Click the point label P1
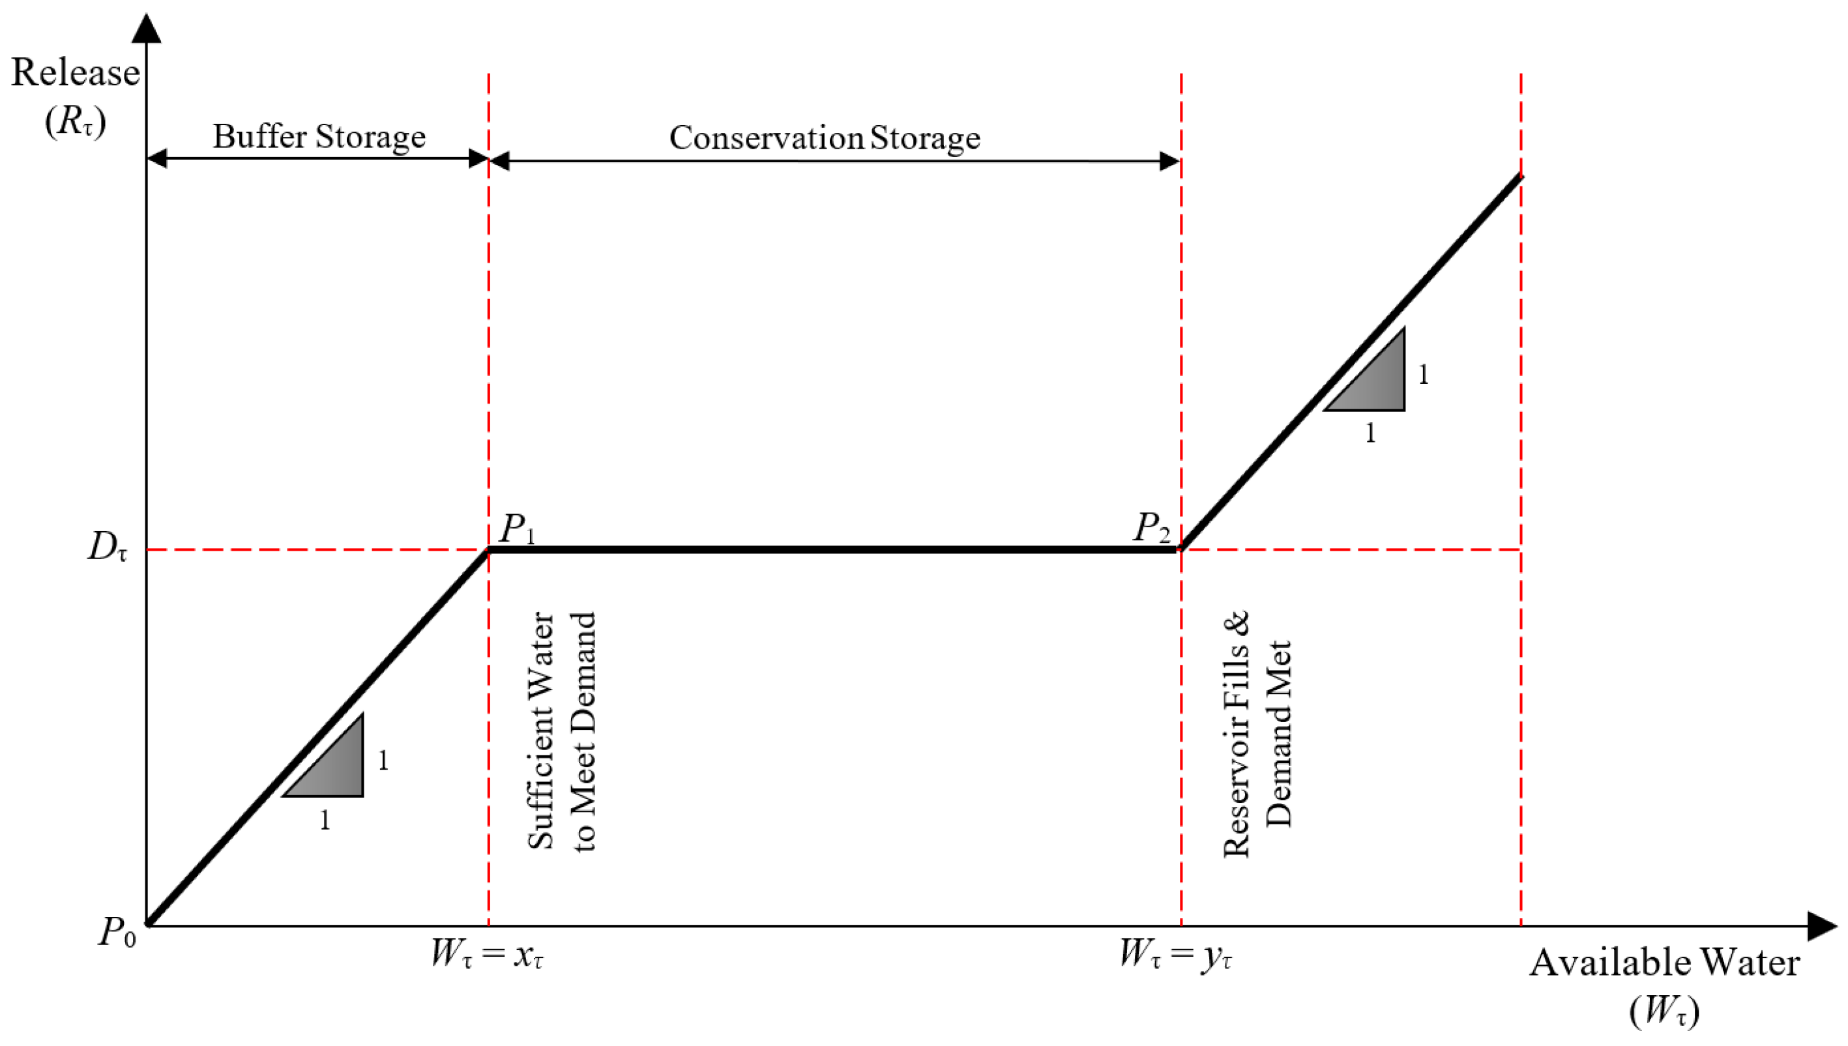tap(517, 529)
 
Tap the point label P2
tap(1151, 529)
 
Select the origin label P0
tap(117, 933)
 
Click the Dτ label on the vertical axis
tap(107, 547)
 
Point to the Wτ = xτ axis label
tap(486, 955)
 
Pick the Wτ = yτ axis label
tap(1175, 955)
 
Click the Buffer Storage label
tap(319, 136)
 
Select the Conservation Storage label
tap(824, 138)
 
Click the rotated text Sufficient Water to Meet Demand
tap(562, 731)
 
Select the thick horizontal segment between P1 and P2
tap(834, 549)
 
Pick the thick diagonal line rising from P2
tap(1351, 363)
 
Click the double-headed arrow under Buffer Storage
tap(317, 159)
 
